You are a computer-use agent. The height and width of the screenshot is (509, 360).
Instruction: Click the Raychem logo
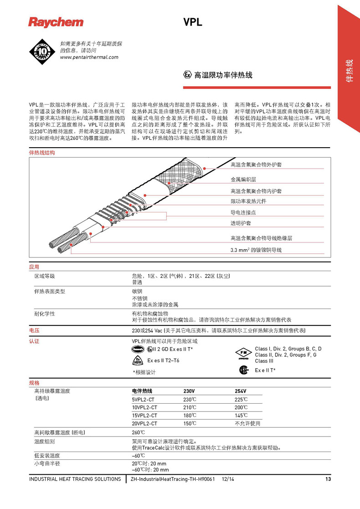click(56, 22)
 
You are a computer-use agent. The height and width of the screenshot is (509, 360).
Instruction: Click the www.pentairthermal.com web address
click(89, 57)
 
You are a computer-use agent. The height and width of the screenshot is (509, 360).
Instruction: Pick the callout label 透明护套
click(241, 223)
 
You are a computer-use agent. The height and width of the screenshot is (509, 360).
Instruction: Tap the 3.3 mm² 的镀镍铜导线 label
click(256, 250)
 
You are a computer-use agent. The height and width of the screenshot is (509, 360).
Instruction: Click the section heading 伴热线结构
click(42, 153)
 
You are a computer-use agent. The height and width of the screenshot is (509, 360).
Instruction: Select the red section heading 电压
click(34, 330)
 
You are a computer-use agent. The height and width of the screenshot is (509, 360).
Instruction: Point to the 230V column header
click(189, 391)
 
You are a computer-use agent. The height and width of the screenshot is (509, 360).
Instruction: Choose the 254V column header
click(241, 391)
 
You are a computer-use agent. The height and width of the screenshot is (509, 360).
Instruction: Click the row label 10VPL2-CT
click(144, 407)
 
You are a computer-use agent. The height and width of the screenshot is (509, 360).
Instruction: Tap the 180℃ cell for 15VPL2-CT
click(190, 415)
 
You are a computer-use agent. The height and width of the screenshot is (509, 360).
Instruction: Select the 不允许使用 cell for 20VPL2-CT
click(247, 423)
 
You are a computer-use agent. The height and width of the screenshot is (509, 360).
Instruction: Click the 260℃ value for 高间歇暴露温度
click(139, 432)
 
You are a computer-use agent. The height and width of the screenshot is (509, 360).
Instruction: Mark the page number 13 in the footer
click(328, 479)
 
